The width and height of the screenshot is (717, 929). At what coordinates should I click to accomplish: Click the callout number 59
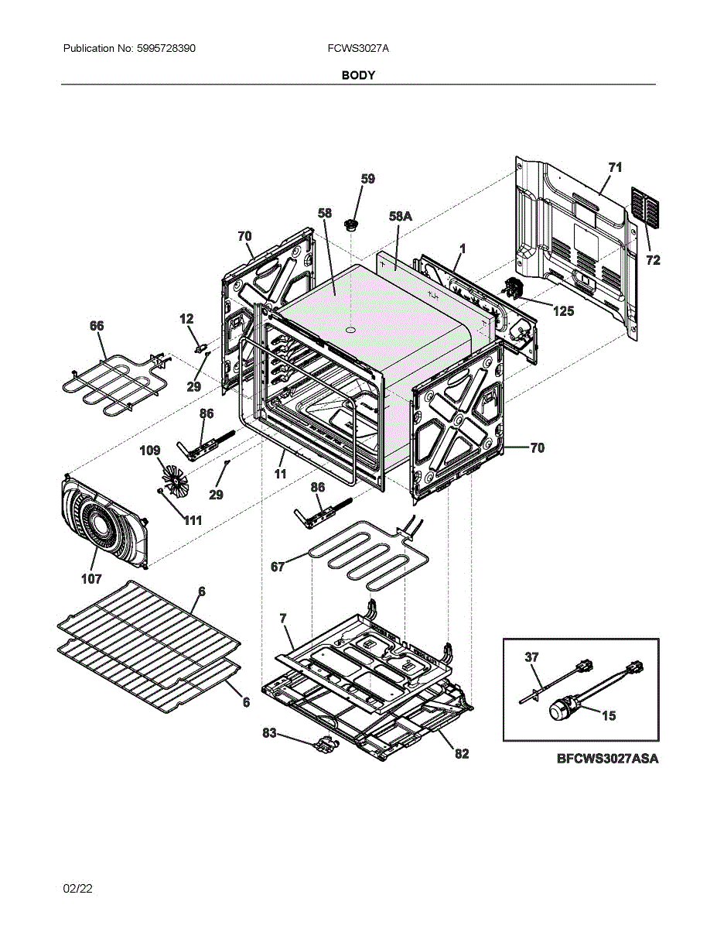pyautogui.click(x=367, y=179)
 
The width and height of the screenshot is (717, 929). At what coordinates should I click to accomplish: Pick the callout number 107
pyautogui.click(x=91, y=578)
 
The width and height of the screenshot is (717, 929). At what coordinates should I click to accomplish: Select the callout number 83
pyautogui.click(x=268, y=732)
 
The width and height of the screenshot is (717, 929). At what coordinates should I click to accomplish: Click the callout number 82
pyautogui.click(x=461, y=753)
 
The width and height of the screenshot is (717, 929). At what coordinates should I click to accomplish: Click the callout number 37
pyautogui.click(x=531, y=657)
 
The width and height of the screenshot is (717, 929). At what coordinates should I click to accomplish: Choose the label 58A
pyautogui.click(x=400, y=218)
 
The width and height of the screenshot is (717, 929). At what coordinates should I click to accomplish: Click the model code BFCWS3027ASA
pyautogui.click(x=607, y=759)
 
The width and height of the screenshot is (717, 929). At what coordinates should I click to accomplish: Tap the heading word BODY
pyautogui.click(x=358, y=75)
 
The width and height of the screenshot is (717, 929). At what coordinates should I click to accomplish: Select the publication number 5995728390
pyautogui.click(x=164, y=48)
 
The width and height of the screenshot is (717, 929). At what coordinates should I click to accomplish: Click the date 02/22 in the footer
pyautogui.click(x=77, y=889)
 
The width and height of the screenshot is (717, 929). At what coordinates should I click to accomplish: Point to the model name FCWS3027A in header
pyautogui.click(x=358, y=48)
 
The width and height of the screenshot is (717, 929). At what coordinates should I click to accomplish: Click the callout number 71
pyautogui.click(x=615, y=167)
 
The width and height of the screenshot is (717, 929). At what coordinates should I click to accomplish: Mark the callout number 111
pyautogui.click(x=192, y=520)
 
